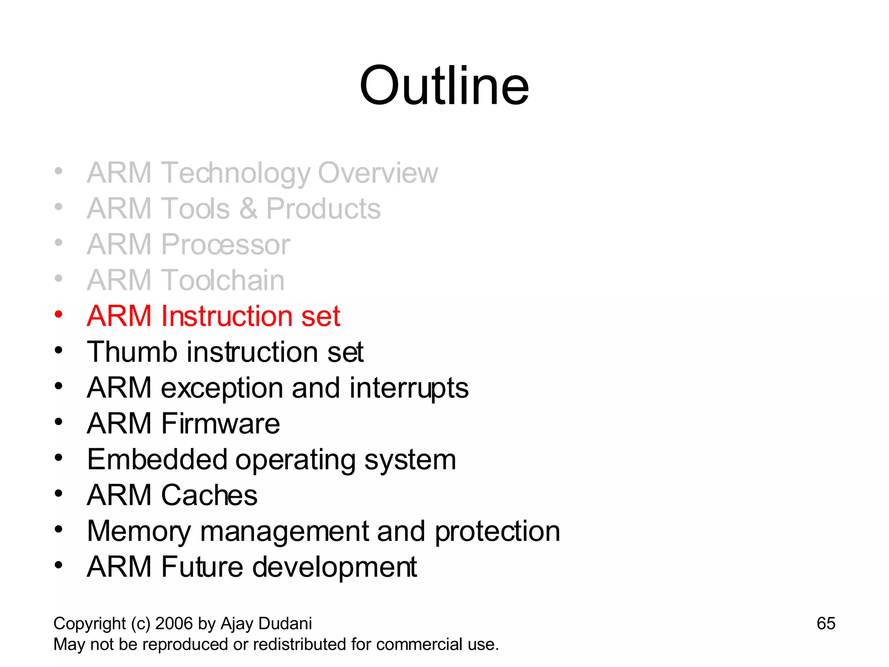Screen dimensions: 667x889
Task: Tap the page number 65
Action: pyautogui.click(x=826, y=624)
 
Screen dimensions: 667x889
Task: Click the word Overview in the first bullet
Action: pyautogui.click(x=378, y=173)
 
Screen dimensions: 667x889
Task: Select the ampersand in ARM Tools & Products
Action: pyautogui.click(x=248, y=209)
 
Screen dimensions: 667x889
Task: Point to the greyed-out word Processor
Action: pyautogui.click(x=225, y=244)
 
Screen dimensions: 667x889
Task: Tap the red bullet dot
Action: pyautogui.click(x=59, y=314)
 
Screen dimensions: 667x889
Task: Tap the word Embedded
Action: pyautogui.click(x=157, y=459)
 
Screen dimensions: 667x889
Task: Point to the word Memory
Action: pyautogui.click(x=138, y=531)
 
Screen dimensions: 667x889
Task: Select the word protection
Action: pyautogui.click(x=497, y=531)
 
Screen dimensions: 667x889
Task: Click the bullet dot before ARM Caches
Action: pyautogui.click(x=59, y=494)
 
